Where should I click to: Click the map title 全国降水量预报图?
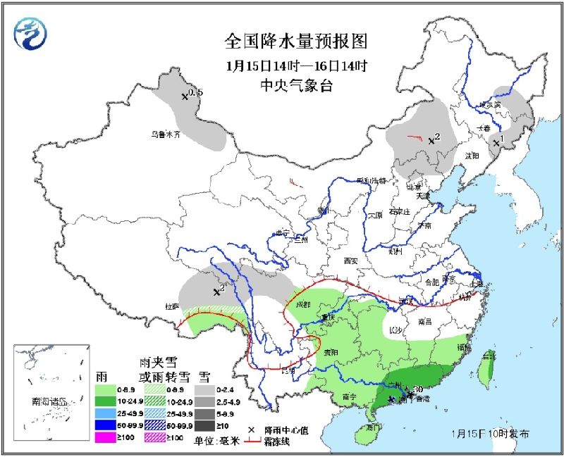tap(296, 42)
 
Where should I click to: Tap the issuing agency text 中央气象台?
tap(296, 87)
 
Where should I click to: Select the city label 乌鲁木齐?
tap(166, 134)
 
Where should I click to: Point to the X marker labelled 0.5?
tap(185, 96)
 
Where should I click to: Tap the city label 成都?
tap(302, 304)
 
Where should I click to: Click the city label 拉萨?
tap(173, 306)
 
